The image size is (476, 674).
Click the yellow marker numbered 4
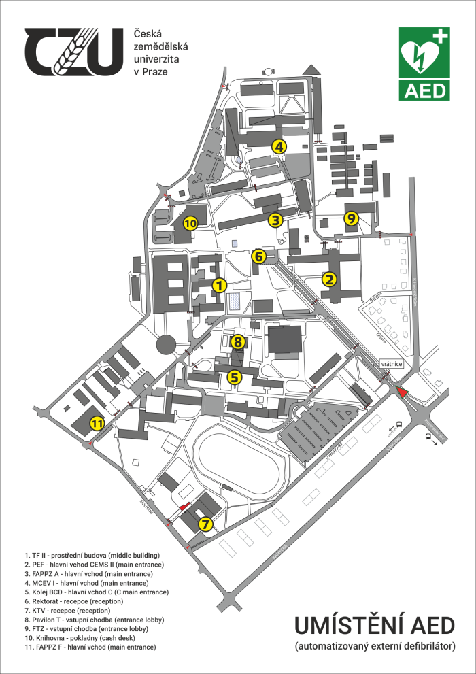coord(278,146)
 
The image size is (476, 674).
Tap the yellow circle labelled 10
coord(190,222)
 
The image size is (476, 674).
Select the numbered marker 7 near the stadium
coord(206,524)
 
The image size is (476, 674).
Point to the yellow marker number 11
coord(97,424)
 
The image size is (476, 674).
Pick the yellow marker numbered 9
coord(351,218)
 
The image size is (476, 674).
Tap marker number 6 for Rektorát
coord(258,256)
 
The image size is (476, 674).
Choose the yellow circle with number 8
coord(237,341)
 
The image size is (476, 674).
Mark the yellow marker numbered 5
coord(234,376)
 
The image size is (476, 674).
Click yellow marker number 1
coord(219,286)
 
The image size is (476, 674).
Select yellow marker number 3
coord(275,220)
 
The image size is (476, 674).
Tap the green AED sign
coord(425,64)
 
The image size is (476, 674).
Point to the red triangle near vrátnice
coord(401,392)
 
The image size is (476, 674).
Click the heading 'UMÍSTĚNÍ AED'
coord(374,625)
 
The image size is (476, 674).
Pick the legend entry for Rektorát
coord(73,601)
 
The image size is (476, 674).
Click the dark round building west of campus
coord(166,344)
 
